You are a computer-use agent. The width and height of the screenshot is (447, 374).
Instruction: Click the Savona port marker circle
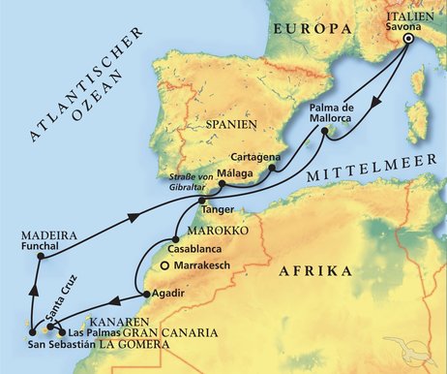[x=407, y=41]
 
